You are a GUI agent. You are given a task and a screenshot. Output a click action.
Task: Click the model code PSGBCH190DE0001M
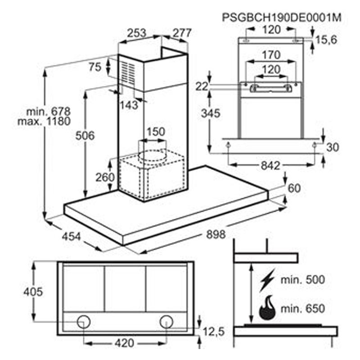282,18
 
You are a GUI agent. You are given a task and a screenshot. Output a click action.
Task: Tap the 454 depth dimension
71,236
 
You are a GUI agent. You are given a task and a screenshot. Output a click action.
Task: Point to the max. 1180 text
44,121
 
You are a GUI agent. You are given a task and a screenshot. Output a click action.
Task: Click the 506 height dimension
85,135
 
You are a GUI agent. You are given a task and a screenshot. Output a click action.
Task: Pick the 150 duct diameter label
156,132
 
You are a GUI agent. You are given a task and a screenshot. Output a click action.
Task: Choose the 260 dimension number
105,177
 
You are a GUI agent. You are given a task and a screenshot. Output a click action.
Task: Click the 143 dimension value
129,105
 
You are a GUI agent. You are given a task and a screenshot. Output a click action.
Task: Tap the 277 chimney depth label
182,33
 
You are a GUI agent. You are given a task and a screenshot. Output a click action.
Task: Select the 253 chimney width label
136,33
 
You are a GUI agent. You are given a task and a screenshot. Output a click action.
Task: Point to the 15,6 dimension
326,40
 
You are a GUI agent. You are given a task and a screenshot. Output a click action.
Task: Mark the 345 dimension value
211,113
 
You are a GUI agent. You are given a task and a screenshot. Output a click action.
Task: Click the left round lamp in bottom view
84,321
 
